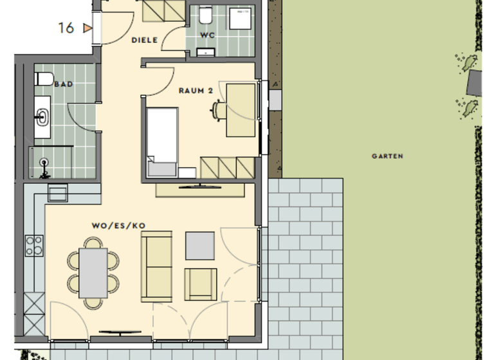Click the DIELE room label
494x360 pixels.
pyautogui.click(x=145, y=40)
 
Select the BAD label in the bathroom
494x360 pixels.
pyautogui.click(x=63, y=84)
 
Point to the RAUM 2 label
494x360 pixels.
pyautogui.click(x=196, y=91)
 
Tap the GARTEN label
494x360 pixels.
pyautogui.click(x=388, y=156)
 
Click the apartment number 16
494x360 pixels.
pyautogui.click(x=66, y=28)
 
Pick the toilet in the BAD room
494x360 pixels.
pyautogui.click(x=45, y=79)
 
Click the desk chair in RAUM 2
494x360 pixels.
pyautogui.click(x=217, y=111)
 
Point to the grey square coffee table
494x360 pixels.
pyautogui.click(x=200, y=244)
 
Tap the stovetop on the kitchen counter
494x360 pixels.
pyautogui.click(x=34, y=245)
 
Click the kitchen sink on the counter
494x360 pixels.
pyautogui.click(x=57, y=194)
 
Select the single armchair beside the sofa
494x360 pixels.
pyautogui.click(x=200, y=283)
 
